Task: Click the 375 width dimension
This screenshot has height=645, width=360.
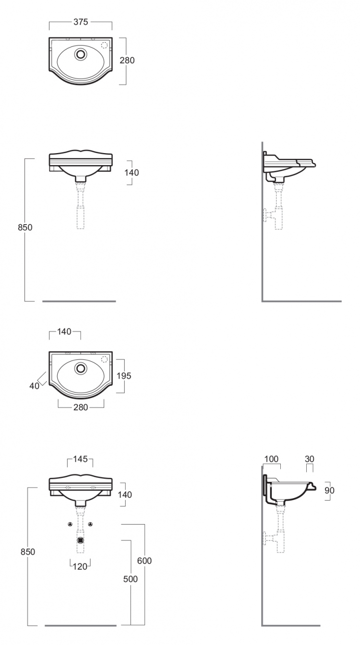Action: point(81,22)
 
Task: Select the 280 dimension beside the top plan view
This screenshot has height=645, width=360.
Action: point(127,60)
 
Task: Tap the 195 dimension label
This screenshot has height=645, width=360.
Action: point(124,376)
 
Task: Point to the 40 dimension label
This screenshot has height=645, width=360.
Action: point(34,385)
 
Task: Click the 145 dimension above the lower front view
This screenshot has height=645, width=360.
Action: point(80,459)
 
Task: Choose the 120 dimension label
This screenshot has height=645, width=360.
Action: point(80,566)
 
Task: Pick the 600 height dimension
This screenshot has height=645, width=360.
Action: point(144,561)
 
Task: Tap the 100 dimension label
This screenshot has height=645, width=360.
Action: point(271,459)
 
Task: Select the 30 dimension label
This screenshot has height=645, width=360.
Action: point(309,459)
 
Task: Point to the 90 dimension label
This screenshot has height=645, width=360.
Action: point(329,490)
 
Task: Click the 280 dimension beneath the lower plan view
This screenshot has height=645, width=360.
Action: point(81,407)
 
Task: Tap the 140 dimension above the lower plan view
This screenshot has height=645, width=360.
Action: point(64,332)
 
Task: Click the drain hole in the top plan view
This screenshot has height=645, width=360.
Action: point(81,54)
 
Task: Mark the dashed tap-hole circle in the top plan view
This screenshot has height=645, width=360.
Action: point(105,45)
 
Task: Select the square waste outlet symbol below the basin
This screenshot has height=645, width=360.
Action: point(81,540)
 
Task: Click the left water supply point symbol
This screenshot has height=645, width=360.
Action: point(70,524)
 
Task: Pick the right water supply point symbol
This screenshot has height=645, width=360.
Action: point(91,524)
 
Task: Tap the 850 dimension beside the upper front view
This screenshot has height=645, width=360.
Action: point(25,227)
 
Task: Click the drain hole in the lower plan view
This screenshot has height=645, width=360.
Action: point(81,368)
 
